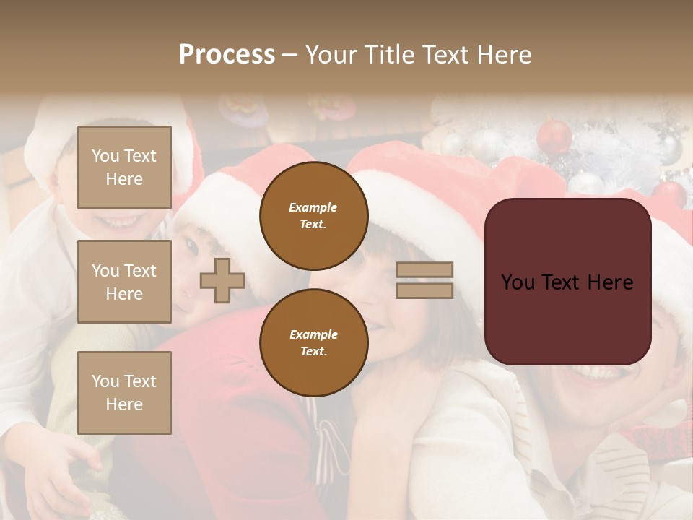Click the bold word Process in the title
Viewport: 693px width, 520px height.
[x=227, y=55]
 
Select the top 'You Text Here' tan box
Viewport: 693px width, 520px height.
[x=124, y=168]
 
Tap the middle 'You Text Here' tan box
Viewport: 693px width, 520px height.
[x=124, y=282]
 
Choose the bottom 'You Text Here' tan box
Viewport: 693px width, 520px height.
[x=124, y=392]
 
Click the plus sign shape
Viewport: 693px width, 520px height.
[x=222, y=280]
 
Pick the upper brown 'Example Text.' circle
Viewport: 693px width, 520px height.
[x=313, y=216]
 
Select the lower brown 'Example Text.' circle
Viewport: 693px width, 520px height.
[x=313, y=343]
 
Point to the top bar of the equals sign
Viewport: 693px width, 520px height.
[x=425, y=270]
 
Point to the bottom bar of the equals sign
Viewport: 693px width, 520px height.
[x=425, y=290]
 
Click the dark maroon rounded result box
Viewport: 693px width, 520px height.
[x=567, y=282]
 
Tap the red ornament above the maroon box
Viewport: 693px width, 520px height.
[x=554, y=136]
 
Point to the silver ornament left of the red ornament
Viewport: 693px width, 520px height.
[x=488, y=144]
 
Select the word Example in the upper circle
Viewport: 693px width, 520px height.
[x=313, y=207]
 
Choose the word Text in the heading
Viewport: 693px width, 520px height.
[x=443, y=55]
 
